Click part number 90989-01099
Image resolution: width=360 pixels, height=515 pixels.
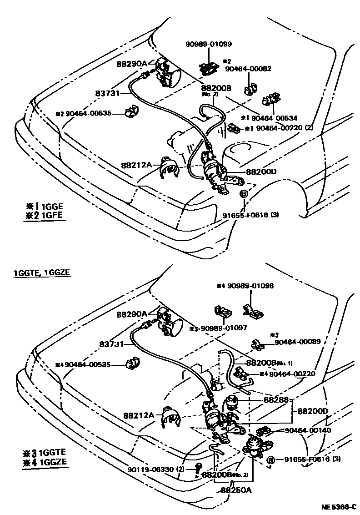click(x=209, y=44)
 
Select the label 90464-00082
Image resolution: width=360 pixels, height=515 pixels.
click(x=248, y=69)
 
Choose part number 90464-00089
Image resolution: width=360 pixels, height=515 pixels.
click(x=298, y=341)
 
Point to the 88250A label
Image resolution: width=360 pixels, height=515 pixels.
click(x=236, y=490)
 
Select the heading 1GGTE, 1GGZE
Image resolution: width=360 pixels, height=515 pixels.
click(x=42, y=273)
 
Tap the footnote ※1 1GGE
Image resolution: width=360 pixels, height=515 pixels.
click(x=45, y=205)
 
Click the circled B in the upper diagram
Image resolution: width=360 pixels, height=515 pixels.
click(x=243, y=194)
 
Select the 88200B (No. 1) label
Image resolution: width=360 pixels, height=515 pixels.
click(x=269, y=363)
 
